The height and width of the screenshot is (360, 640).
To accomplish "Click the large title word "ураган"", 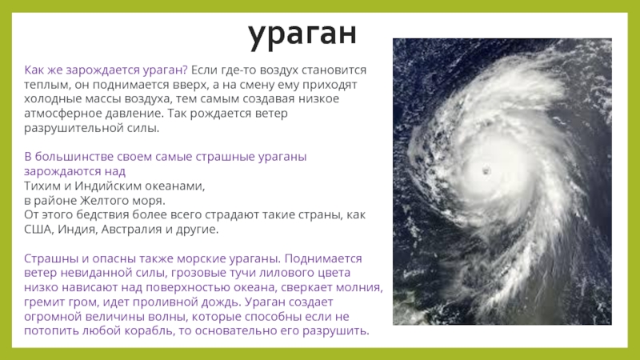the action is coord(302,34).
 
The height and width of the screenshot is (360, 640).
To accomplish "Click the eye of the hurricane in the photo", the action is coord(486,170).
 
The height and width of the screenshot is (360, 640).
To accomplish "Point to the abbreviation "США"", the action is coord(38,230).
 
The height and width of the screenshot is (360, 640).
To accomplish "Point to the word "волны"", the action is coord(170,317).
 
